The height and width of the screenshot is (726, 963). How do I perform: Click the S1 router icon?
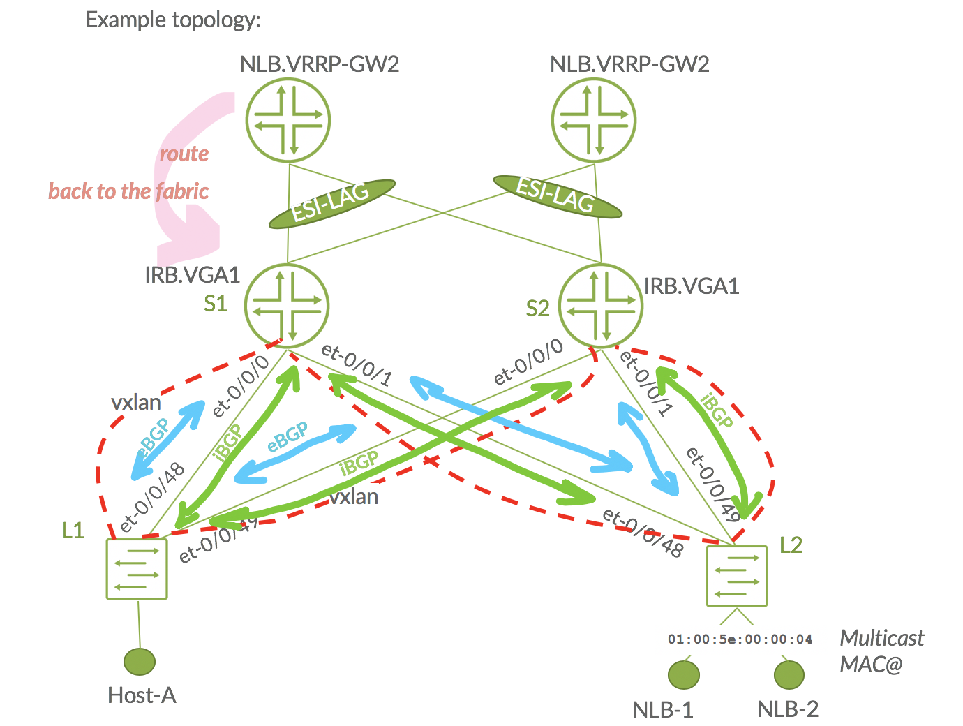click(287, 306)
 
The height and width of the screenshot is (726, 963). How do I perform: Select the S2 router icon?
click(601, 306)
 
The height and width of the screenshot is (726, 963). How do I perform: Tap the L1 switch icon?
click(137, 568)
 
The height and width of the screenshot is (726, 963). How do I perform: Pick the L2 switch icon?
click(737, 576)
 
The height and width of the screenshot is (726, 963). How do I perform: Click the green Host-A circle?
click(140, 662)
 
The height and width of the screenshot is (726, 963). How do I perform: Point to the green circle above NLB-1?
click(683, 674)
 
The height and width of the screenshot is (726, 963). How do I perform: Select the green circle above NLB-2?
click(789, 674)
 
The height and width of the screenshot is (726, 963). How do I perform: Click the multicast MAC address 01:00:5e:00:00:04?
click(740, 639)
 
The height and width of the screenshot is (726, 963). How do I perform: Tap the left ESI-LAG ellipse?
click(332, 203)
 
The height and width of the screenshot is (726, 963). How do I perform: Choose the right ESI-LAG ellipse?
click(556, 195)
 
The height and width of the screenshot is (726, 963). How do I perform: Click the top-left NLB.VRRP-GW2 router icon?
click(288, 121)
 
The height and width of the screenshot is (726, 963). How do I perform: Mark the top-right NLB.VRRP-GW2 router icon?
click(594, 121)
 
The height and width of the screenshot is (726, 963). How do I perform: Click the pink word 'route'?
click(184, 154)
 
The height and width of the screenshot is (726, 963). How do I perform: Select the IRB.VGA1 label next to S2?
click(691, 286)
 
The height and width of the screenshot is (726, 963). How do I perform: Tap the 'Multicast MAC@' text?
click(881, 651)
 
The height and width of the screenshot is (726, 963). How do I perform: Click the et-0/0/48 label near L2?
click(643, 533)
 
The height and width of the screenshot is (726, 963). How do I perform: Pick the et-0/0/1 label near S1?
click(357, 365)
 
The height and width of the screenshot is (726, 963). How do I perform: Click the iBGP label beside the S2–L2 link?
click(717, 410)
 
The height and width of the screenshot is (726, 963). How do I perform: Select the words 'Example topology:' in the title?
click(173, 20)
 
